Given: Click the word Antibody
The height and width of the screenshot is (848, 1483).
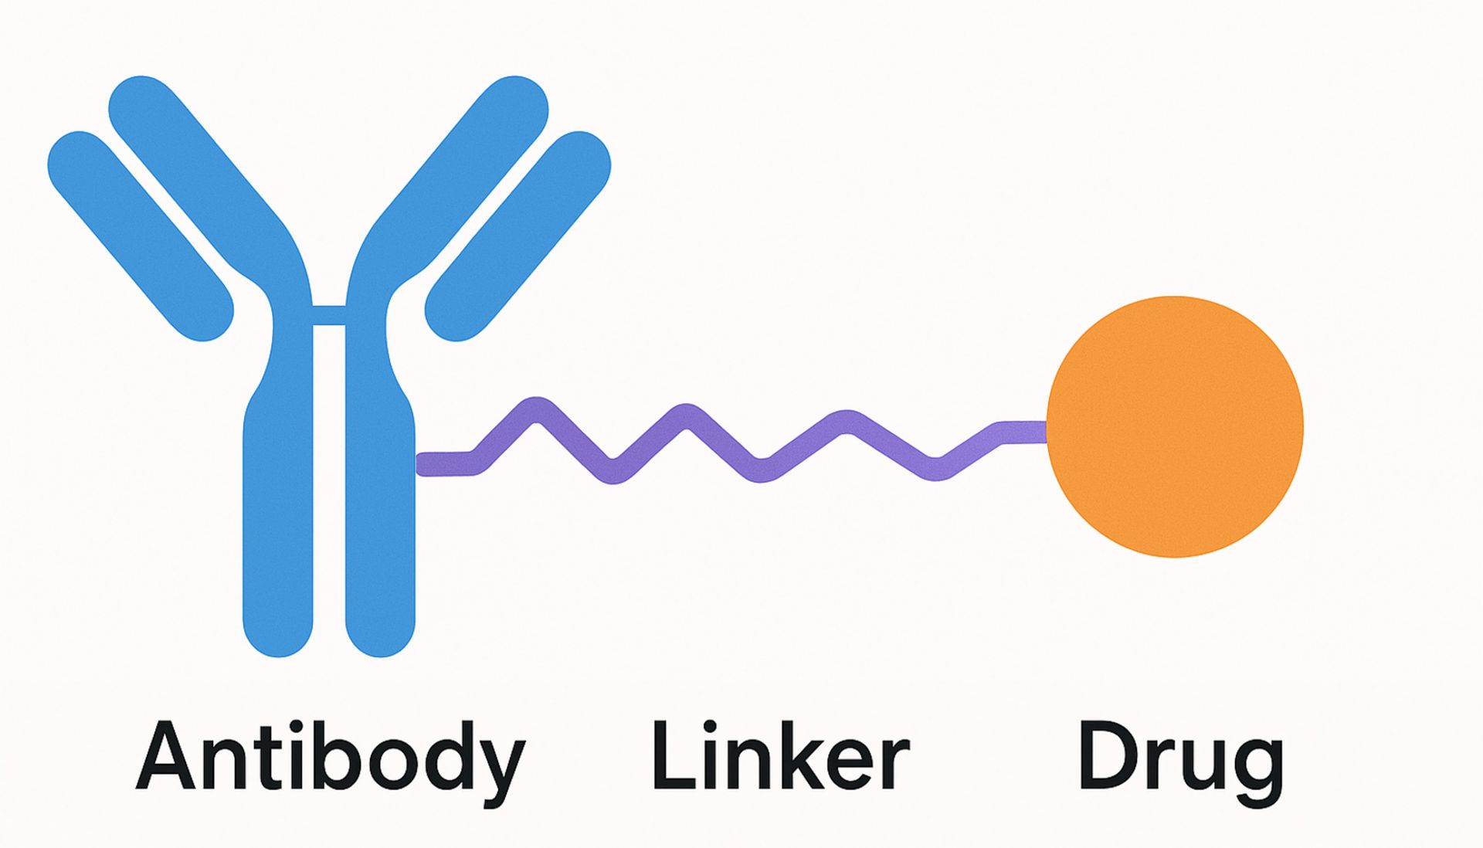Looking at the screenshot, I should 330,757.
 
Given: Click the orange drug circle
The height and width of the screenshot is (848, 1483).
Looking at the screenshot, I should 1175,426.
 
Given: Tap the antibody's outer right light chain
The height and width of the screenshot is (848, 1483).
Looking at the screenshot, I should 518,236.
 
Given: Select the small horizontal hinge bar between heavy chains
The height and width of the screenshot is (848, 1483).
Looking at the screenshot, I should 329,315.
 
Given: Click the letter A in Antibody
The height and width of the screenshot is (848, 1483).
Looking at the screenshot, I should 165,757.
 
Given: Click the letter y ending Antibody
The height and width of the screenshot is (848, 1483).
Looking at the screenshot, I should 502,765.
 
